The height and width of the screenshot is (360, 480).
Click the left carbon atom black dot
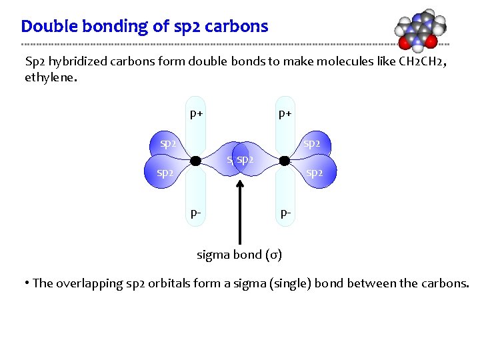click(x=195, y=161)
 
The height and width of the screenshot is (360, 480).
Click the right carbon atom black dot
click(x=284, y=161)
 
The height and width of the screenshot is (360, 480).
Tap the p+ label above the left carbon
click(x=196, y=113)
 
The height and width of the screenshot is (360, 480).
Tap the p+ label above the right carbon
click(x=285, y=113)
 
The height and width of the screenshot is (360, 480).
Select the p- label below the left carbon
click(x=196, y=213)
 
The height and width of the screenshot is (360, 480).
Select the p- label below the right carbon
click(x=285, y=213)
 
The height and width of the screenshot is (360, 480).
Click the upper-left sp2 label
click(x=168, y=143)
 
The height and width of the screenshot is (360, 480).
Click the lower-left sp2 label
click(x=165, y=173)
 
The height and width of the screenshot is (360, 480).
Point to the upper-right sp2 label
click(x=311, y=143)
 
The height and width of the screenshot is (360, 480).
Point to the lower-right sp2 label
click(x=315, y=173)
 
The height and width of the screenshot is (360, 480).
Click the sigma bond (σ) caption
click(x=239, y=254)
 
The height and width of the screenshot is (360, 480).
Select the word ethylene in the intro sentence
click(x=49, y=77)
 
